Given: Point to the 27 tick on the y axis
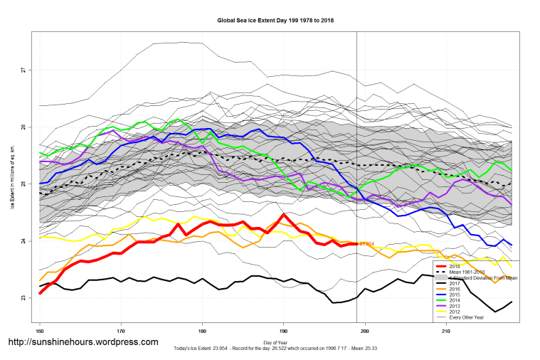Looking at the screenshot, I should coord(23,70).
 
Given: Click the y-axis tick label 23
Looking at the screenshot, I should coord(23,298).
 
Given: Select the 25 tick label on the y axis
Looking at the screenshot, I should coord(23,184).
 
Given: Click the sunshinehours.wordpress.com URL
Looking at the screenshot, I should coord(83,342).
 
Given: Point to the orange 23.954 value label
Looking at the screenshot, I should coord(367,244).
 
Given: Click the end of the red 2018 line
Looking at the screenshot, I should coord(356,244).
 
